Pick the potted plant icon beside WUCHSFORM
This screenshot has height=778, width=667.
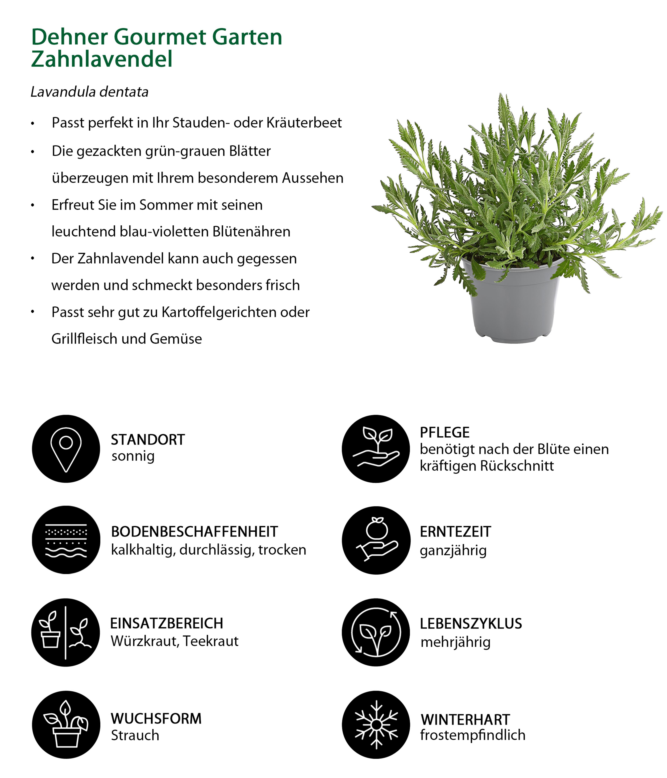pos(66,725)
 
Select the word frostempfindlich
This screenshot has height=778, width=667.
pos(472,735)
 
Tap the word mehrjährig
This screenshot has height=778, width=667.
pos(455,642)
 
